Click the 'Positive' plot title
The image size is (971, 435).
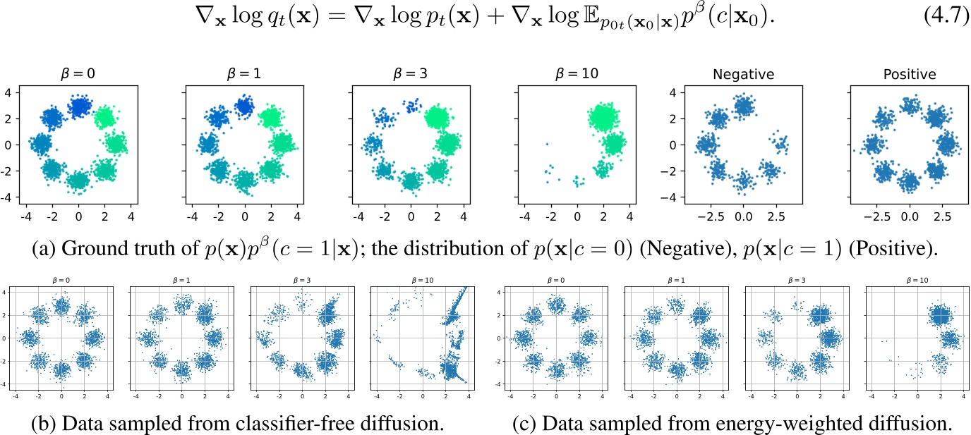[x=909, y=73]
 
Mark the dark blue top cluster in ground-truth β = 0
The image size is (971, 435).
[x=78, y=106]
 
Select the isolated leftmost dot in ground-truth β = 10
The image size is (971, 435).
[x=545, y=145]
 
